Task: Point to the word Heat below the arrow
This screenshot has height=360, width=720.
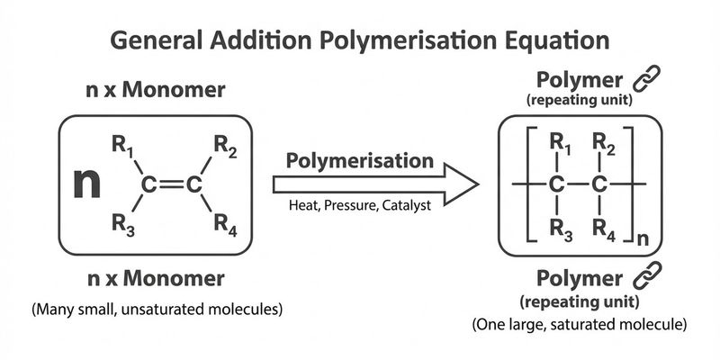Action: pyautogui.click(x=304, y=206)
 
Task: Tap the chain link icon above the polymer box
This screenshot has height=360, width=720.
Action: pyautogui.click(x=646, y=80)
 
